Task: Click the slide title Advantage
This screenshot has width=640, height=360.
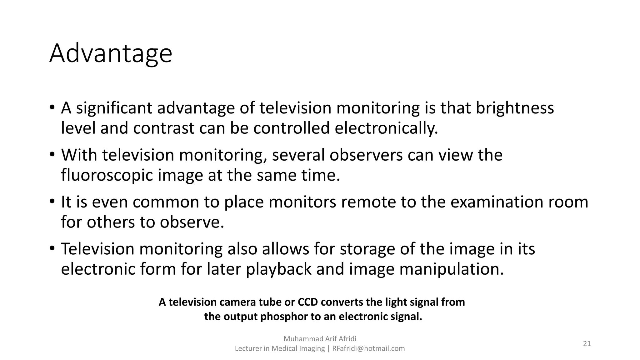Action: pos(111,53)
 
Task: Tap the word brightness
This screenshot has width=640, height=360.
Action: pos(515,108)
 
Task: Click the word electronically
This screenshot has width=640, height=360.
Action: pos(386,128)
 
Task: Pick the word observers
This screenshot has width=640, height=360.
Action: pos(366,155)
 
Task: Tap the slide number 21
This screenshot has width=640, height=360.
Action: pos(587,344)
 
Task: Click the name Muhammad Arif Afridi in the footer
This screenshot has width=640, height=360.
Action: pos(320,339)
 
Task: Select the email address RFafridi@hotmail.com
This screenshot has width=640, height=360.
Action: pos(368,348)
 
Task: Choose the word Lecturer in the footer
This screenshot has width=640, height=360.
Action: pos(248,348)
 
